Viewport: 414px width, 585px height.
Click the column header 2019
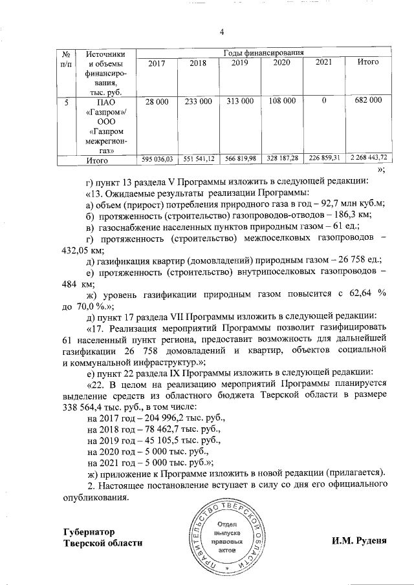(239, 63)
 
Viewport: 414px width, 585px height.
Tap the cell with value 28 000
(157, 101)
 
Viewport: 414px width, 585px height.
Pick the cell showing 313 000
(239, 101)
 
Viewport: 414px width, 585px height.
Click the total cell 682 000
(368, 101)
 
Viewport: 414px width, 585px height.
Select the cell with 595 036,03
(157, 159)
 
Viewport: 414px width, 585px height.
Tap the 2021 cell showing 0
(323, 101)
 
